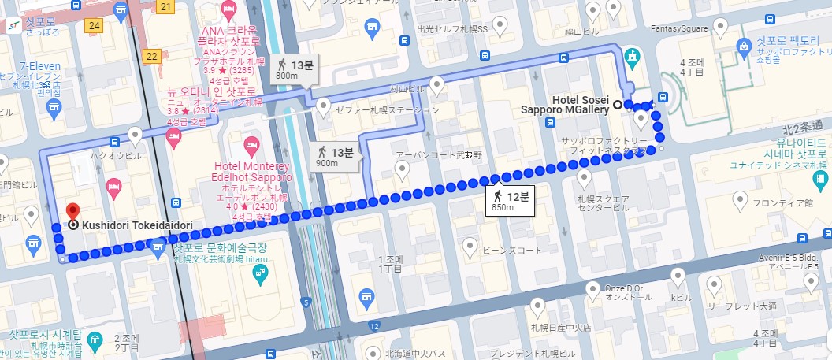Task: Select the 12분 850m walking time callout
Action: tap(510, 200)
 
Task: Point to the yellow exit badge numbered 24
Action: tap(95, 25)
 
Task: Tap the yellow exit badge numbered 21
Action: tap(165, 7)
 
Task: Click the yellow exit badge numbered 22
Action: tap(152, 56)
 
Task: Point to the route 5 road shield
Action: tap(306, 302)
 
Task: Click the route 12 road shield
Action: tap(374, 325)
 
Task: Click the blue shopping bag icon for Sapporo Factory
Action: tap(742, 46)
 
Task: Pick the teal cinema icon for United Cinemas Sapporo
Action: tap(822, 180)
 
